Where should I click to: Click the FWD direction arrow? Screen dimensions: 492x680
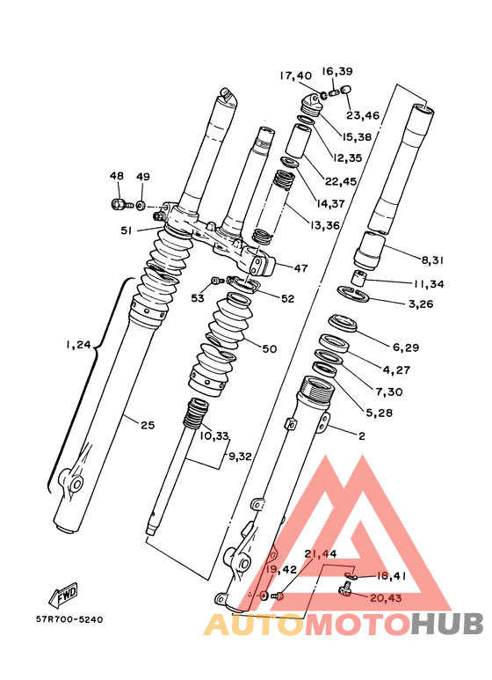[x=62, y=595]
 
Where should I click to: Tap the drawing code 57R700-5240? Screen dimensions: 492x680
[x=69, y=619]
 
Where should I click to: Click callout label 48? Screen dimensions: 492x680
[x=117, y=176]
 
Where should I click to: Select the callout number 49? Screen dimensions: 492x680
[x=143, y=177]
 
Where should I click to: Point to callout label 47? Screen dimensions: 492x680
[x=301, y=268]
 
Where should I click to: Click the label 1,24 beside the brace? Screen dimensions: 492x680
[x=78, y=345]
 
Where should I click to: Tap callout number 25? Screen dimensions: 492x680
[x=148, y=425]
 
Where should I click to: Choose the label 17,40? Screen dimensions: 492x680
[x=295, y=76]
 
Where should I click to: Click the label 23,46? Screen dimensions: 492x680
[x=363, y=115]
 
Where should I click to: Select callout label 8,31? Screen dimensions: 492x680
[x=432, y=260]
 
